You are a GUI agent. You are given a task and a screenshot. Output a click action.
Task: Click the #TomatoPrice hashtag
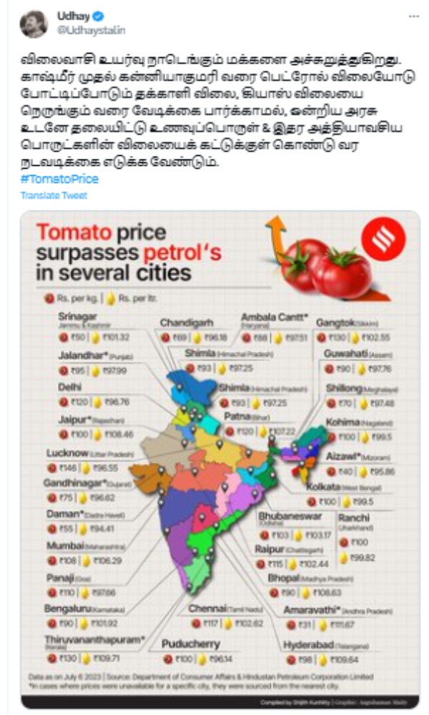[49, 179]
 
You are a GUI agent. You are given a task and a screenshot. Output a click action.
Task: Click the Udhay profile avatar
[34, 24]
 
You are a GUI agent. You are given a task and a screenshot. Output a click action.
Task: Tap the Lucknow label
[67, 453]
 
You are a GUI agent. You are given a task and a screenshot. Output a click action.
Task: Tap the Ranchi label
[354, 517]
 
